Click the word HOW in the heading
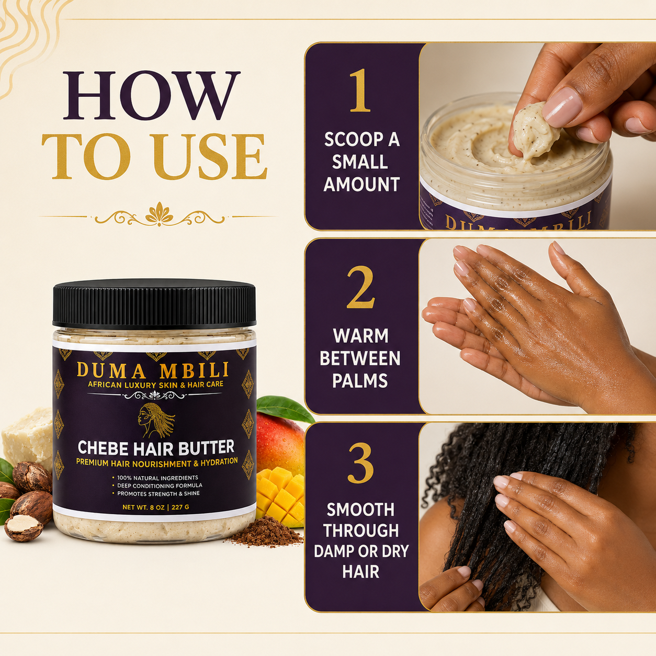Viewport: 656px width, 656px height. click(x=152, y=96)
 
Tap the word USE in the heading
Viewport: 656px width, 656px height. click(x=210, y=156)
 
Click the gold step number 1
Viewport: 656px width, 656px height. click(x=360, y=90)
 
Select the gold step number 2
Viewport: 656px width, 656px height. click(x=361, y=287)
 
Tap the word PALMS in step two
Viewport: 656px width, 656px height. click(x=360, y=381)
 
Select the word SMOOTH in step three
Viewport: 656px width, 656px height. click(x=360, y=510)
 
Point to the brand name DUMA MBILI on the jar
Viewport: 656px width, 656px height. click(x=153, y=370)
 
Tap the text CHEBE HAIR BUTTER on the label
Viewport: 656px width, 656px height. click(x=156, y=448)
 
